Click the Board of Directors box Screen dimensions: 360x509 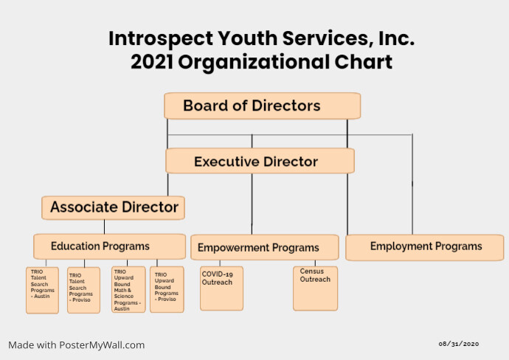click(x=262, y=105)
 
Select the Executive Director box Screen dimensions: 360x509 click(x=260, y=161)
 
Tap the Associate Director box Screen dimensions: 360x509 click(x=113, y=207)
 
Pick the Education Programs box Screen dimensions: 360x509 click(x=109, y=246)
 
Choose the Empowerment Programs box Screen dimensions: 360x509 click(x=264, y=247)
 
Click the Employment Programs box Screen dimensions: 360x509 click(x=426, y=246)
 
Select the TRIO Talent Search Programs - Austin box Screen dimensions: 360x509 click(x=42, y=290)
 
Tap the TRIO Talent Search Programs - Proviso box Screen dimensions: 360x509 click(x=83, y=290)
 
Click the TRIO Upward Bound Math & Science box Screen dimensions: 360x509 click(x=128, y=289)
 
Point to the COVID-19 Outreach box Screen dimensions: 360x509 click(x=221, y=288)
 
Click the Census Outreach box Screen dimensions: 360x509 click(x=315, y=288)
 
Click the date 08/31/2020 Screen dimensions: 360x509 click(x=459, y=344)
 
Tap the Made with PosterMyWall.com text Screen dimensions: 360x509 click(x=77, y=345)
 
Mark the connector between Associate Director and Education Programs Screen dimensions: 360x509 click(x=104, y=226)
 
